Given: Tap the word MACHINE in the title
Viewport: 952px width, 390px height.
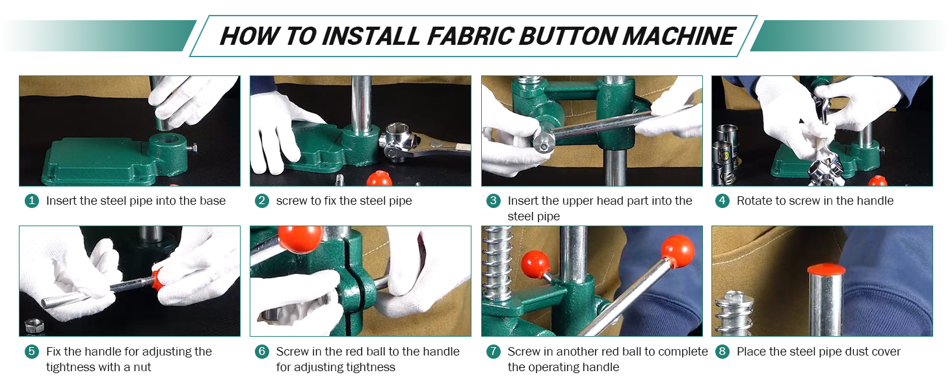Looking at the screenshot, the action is pyautogui.click(x=679, y=36).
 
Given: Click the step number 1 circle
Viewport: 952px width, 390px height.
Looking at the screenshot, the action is pyautogui.click(x=31, y=200).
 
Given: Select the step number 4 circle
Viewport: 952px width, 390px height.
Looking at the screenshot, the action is pyautogui.click(x=722, y=200).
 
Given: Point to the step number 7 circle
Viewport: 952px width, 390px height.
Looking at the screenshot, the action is pyautogui.click(x=493, y=352).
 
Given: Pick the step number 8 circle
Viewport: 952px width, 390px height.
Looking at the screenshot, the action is pyautogui.click(x=722, y=352).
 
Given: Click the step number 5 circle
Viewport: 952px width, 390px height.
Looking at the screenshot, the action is pyautogui.click(x=31, y=352).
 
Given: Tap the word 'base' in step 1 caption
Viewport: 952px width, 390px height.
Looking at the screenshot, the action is pyautogui.click(x=213, y=200).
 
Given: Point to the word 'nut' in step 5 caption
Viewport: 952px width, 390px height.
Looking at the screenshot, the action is pyautogui.click(x=142, y=367).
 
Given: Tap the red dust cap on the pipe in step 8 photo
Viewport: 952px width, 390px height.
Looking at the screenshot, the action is pyautogui.click(x=826, y=269).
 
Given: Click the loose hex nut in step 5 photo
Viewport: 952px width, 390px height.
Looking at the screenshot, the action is pyautogui.click(x=34, y=326).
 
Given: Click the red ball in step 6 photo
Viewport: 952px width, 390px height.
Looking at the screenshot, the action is pyautogui.click(x=300, y=239).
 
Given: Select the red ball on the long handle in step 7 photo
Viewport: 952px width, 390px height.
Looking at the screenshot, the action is pyautogui.click(x=678, y=251).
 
